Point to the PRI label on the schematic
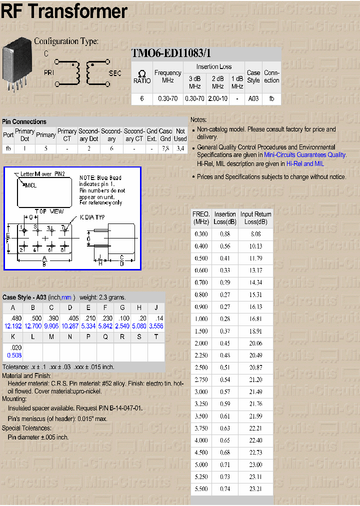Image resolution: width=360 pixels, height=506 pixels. coord(49,73)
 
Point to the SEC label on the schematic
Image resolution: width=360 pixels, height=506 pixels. coord(115,73)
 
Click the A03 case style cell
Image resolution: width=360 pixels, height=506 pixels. coord(253,99)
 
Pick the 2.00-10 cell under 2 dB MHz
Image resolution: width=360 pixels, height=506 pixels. coord(217,99)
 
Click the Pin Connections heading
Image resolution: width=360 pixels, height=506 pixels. coord(24,121)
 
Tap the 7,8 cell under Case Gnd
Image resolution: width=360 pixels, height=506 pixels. coord(165,148)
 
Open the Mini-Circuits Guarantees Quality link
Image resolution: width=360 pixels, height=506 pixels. coord(305,155)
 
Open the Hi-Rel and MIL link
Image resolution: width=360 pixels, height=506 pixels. coord(305,163)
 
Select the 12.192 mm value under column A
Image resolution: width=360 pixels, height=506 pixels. coord(13,326)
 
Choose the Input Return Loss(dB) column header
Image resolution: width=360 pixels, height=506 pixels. coord(256,218)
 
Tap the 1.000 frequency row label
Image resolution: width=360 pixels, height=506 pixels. coord(201,319)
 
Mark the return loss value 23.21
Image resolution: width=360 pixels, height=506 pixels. coord(256,488)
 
